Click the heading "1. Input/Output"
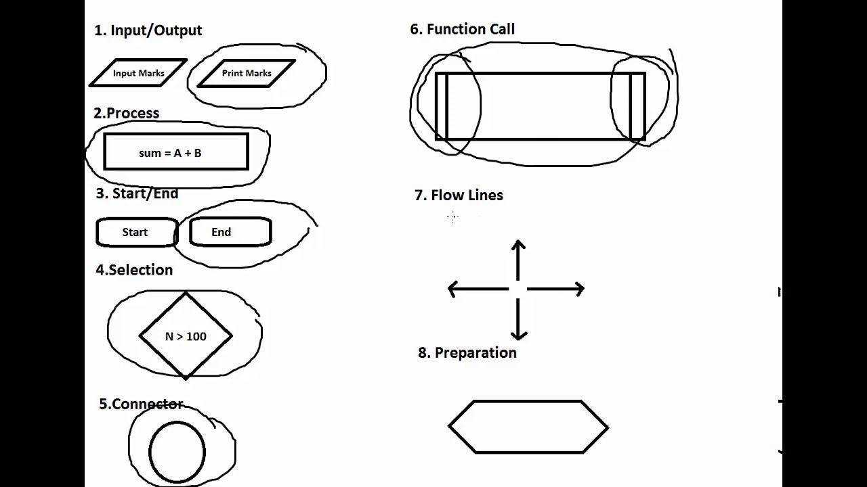tap(148, 30)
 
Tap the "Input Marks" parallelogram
tap(138, 72)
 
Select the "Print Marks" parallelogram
tap(247, 73)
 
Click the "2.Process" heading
tap(126, 113)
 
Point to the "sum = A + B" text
tap(170, 153)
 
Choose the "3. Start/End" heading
tap(137, 193)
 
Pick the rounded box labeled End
tap(230, 231)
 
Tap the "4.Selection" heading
tap(134, 270)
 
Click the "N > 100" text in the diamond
tap(186, 336)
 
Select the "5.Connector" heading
tap(141, 404)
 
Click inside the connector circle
tap(177, 452)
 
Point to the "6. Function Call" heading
tap(462, 29)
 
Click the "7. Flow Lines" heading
tap(459, 195)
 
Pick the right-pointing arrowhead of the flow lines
tap(580, 289)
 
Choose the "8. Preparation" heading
tap(467, 352)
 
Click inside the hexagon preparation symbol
tap(528, 427)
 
